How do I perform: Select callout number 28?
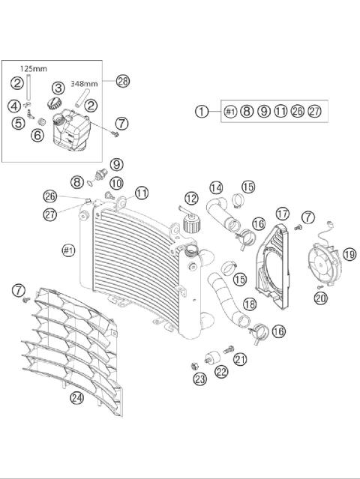click(123, 82)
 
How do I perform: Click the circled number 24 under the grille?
click(76, 398)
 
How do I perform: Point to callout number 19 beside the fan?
click(349, 255)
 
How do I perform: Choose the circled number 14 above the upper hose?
click(216, 187)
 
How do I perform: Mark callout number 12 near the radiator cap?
click(191, 199)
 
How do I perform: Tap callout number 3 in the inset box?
click(58, 88)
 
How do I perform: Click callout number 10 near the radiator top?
click(117, 181)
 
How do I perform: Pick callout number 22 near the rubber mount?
click(222, 372)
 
